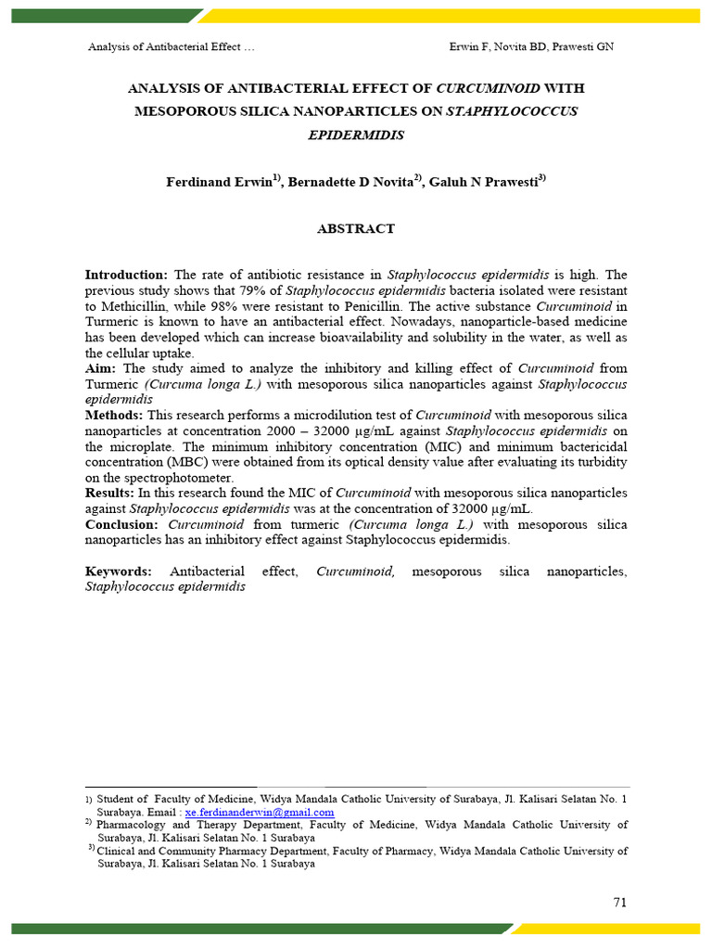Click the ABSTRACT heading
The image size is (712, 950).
pos(357,228)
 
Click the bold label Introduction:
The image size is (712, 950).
pos(126,276)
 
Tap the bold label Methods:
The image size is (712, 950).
pos(114,415)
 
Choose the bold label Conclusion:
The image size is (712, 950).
pos(121,524)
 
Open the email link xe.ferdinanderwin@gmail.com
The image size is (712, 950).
pos(260,812)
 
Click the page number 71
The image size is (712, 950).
pos(620,903)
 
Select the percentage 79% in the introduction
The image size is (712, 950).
pos(252,290)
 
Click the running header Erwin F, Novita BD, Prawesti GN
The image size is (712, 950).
pos(530,47)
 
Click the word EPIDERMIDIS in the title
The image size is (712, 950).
pos(356,135)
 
